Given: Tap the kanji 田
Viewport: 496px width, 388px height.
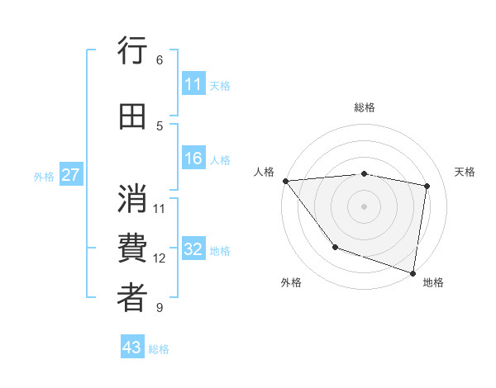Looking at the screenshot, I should point(132,117).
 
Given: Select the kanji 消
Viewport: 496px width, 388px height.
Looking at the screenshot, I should point(132,198).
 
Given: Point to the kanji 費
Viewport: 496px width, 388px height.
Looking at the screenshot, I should point(132,248).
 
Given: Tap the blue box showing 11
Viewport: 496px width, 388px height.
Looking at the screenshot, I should point(193,84).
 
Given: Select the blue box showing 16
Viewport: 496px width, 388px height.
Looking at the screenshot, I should point(193,159).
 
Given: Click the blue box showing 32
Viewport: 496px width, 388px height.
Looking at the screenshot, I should point(193,250).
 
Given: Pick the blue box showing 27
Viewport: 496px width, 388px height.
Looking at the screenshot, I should point(70,175).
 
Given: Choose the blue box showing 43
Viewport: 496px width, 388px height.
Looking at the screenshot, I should point(132,348).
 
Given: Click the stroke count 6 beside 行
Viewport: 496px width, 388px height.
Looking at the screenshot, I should point(159,59).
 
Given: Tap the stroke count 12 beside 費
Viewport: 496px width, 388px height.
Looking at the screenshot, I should point(160,258).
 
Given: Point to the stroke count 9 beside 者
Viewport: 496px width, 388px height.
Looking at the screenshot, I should point(159,308).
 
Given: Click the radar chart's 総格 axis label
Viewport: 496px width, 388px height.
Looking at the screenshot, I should point(365,107).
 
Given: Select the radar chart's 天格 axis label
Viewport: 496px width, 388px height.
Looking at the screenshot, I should point(465,172).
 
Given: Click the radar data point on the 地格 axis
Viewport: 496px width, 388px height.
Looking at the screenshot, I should point(413,272).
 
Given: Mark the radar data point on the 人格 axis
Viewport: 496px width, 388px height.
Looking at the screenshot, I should point(285,181).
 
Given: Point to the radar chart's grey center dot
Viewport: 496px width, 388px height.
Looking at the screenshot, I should point(364,206).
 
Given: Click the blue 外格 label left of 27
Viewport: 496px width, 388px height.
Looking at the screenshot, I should point(44,176).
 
